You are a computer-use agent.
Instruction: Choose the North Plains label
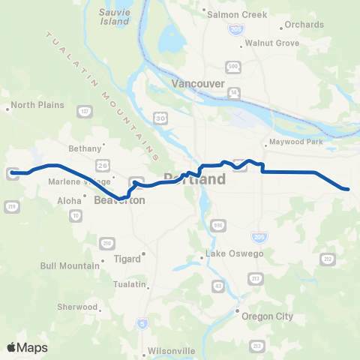[34, 106]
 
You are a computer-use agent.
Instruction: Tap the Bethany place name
[84, 148]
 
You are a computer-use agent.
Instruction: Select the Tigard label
[127, 259]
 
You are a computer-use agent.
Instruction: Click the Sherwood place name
[78, 307]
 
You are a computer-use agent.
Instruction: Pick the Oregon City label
[267, 316]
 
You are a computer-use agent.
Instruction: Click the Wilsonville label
[169, 351]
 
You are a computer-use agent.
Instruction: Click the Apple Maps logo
[27, 347]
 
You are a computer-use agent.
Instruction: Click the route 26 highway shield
[102, 163]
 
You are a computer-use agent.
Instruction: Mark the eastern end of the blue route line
[348, 189]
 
